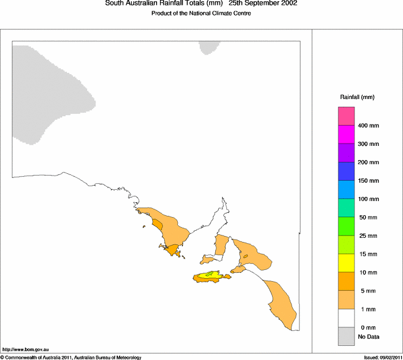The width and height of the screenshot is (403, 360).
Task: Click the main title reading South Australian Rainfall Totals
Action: tap(164, 4)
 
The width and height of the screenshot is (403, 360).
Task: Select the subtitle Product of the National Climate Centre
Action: tap(201, 14)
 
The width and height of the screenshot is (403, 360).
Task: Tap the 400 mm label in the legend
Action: tap(368, 126)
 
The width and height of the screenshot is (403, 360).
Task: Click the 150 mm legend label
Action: tap(368, 181)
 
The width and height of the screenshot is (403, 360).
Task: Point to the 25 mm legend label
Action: tap(368, 236)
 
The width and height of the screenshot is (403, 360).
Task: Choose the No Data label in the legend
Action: tap(368, 337)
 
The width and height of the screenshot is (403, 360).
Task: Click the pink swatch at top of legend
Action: tap(346, 116)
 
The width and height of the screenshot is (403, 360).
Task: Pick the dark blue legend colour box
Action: tap(346, 171)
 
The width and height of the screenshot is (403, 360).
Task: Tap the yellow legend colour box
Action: tap(346, 263)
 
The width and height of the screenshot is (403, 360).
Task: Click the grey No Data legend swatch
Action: tap(346, 337)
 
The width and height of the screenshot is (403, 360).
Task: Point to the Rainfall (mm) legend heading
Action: tap(357, 97)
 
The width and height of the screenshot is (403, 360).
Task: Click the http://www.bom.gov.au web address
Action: tap(25, 349)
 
